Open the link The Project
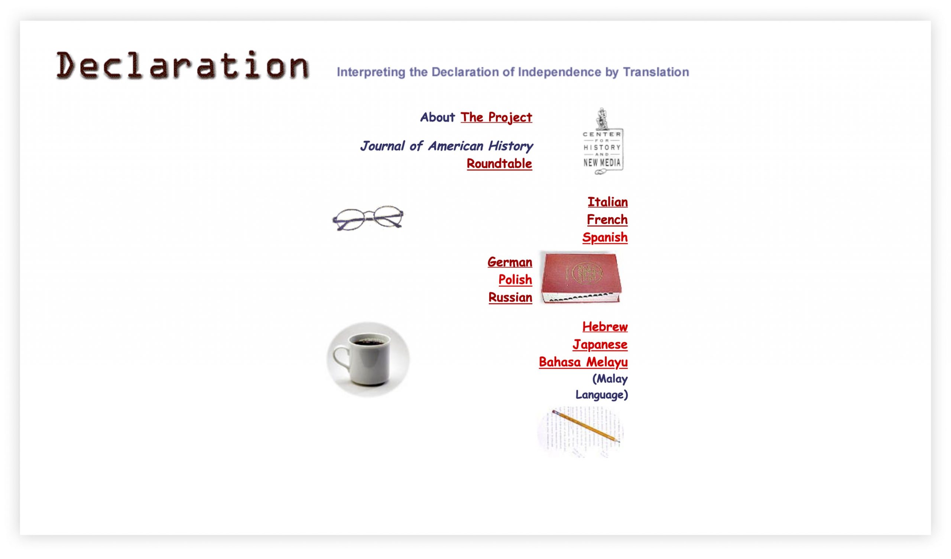[x=496, y=117]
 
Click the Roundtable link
[x=499, y=164]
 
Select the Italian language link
[x=608, y=202]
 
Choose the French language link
[x=607, y=220]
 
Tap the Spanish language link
[x=605, y=237]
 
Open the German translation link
[x=510, y=262]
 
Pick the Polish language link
[x=515, y=280]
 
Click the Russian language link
[x=510, y=298]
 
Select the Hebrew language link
[x=605, y=327]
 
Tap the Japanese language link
[x=600, y=345]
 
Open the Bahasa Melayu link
[x=584, y=363]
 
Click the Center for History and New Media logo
[x=603, y=142]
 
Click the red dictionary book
[x=581, y=277]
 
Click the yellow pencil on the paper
[x=585, y=426]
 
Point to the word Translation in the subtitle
[x=656, y=72]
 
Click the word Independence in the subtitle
[x=559, y=72]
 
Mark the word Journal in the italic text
[x=382, y=146]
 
